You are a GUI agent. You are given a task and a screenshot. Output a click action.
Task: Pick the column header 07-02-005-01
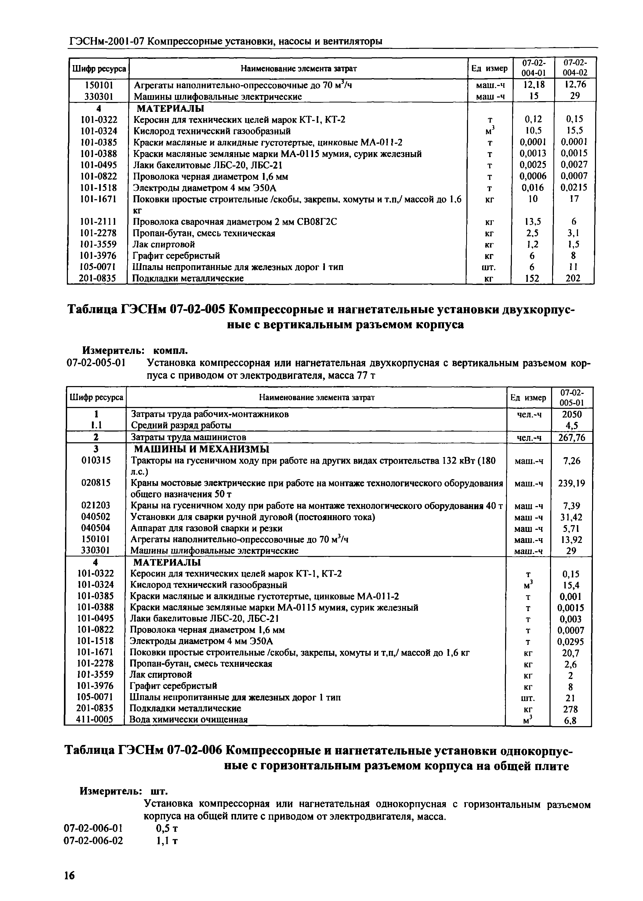(571, 397)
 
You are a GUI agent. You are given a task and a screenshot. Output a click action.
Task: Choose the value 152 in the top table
(532, 279)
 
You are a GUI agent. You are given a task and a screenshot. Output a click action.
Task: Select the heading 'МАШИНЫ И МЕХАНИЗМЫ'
(201, 449)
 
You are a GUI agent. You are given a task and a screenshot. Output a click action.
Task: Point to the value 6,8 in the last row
(570, 720)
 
